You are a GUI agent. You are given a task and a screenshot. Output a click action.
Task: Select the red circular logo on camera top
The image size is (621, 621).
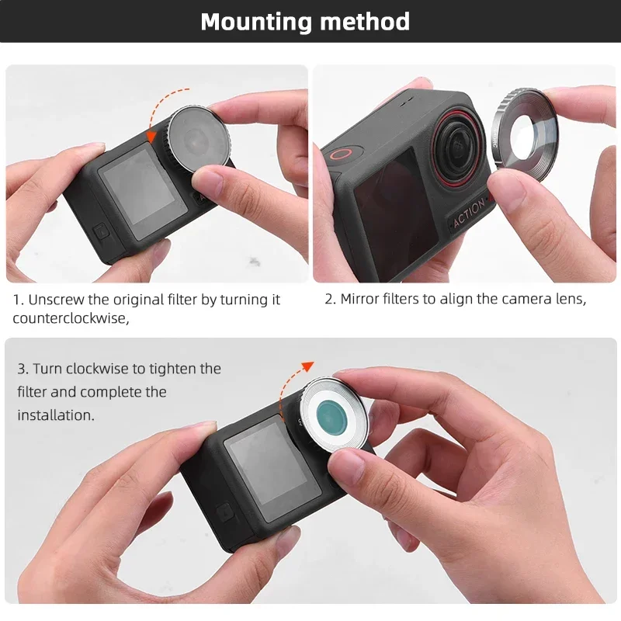tap(340, 152)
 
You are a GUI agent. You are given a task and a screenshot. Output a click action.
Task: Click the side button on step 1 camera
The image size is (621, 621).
tap(99, 232)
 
